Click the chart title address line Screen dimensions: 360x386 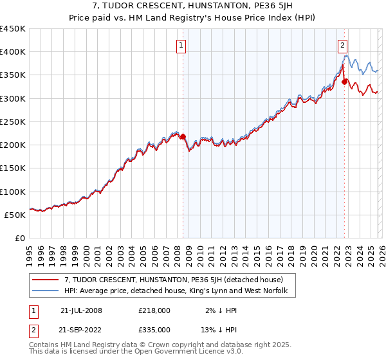coord(193,7)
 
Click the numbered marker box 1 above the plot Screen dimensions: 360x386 coord(181,45)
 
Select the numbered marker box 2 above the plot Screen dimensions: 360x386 coord(342,45)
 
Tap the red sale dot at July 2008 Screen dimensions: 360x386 coord(183,136)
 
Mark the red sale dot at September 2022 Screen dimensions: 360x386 coord(345,82)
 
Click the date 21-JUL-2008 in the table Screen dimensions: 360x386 coord(81,310)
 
